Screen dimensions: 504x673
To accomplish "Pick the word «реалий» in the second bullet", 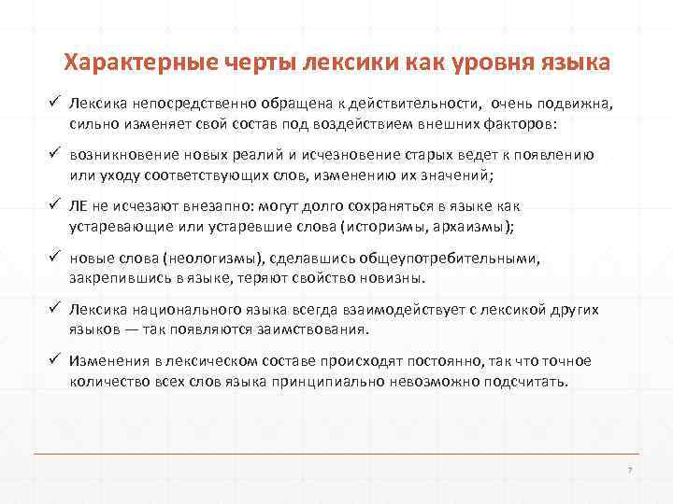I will tap(274, 156).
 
